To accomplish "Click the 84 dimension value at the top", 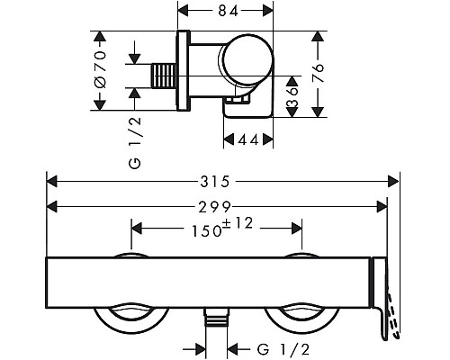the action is tap(228, 12).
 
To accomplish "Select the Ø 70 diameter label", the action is tap(100, 70).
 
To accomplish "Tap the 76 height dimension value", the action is tap(318, 73).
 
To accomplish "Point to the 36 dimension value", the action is tap(292, 97).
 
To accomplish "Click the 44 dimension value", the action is tap(248, 139).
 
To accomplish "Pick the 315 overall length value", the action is tap(215, 182).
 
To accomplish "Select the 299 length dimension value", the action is tap(215, 207).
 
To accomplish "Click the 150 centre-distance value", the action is tap(207, 231).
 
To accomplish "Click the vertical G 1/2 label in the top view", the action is tap(135, 143).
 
